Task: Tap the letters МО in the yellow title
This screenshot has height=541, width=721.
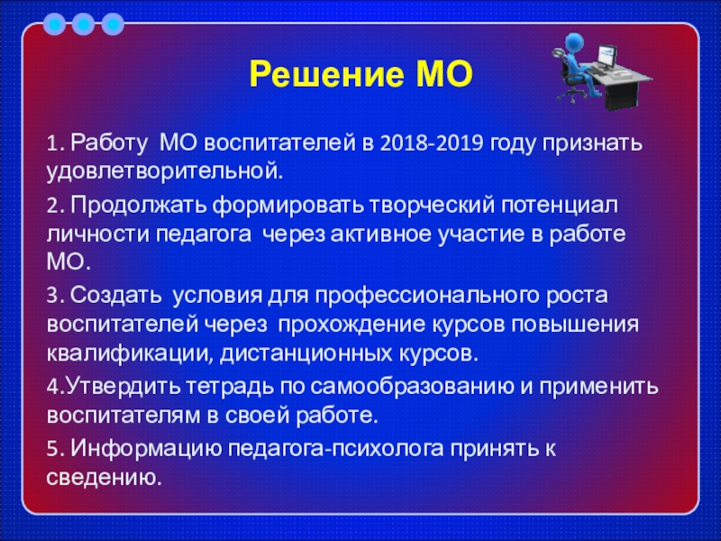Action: [444, 75]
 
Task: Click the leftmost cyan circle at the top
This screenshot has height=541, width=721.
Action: [54, 24]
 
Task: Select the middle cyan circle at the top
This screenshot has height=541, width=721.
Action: [83, 24]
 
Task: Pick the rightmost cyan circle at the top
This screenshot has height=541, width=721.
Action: [113, 24]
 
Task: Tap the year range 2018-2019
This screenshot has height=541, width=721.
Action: [432, 143]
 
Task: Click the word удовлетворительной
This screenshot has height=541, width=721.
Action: [165, 172]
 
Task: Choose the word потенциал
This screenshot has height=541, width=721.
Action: [560, 206]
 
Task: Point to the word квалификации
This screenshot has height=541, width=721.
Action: [130, 354]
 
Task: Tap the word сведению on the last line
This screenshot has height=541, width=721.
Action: [104, 478]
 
